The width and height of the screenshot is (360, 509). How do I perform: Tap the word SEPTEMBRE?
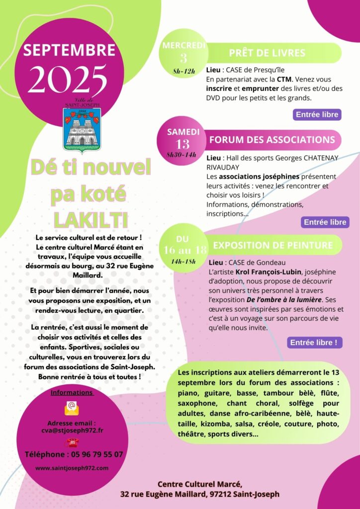69,50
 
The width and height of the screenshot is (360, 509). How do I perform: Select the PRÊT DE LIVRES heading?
267,53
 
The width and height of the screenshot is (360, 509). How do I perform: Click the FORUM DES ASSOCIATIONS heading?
272,140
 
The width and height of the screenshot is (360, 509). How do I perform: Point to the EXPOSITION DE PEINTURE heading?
273,245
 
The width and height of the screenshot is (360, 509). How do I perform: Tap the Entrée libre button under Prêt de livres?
317,114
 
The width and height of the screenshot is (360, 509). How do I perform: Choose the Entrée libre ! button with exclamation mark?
314,342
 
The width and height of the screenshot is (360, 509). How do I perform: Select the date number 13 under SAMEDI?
182,144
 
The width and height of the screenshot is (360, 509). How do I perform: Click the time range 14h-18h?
183,261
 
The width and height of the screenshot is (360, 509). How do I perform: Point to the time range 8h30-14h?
182,155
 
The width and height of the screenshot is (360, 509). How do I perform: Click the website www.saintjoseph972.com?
72,468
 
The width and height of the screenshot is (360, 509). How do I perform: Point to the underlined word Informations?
72,392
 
